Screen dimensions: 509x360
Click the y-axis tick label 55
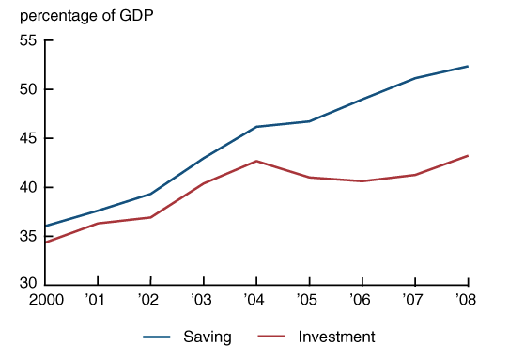(x=28, y=40)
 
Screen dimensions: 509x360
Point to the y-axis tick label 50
(x=28, y=89)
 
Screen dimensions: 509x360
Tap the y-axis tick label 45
(x=28, y=138)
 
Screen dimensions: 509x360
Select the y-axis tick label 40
(x=28, y=187)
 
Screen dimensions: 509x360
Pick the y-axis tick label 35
(x=28, y=236)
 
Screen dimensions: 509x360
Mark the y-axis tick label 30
(x=28, y=283)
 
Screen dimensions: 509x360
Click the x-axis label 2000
(x=46, y=300)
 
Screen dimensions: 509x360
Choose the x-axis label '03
(x=201, y=300)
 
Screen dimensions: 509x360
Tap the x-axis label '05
(x=307, y=300)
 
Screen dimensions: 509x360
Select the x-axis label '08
(x=466, y=300)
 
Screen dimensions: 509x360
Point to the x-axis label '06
(x=360, y=300)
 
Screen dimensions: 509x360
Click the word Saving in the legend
(x=208, y=337)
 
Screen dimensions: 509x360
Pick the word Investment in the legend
(x=336, y=337)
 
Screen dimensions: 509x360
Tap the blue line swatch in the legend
(x=157, y=337)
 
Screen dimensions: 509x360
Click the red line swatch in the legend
(x=271, y=337)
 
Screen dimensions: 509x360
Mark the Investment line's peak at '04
(x=256, y=161)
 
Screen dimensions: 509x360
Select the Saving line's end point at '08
(x=468, y=67)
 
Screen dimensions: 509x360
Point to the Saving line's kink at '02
(x=150, y=194)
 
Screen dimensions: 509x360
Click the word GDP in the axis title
(x=136, y=15)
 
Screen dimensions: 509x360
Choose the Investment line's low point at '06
(x=362, y=181)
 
